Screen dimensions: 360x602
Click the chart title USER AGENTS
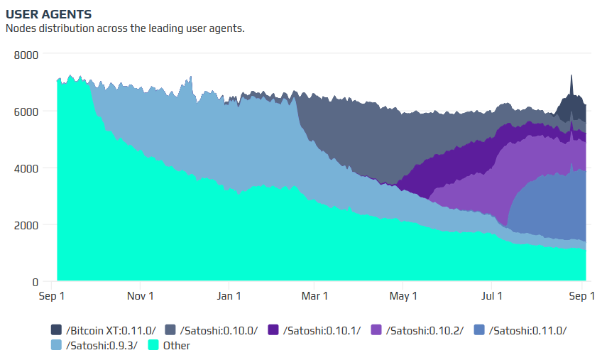[x=48, y=14]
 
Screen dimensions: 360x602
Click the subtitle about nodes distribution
[x=125, y=28]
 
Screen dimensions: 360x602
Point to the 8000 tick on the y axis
[x=27, y=54]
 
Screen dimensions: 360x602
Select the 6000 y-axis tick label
[x=27, y=111]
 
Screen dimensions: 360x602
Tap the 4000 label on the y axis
[x=27, y=168]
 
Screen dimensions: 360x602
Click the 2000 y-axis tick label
[x=27, y=225]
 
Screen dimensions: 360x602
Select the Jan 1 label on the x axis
[x=229, y=295]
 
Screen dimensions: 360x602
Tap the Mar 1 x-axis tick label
[x=314, y=295]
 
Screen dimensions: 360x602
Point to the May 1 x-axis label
[x=404, y=295]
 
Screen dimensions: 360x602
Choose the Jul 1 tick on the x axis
[x=492, y=295]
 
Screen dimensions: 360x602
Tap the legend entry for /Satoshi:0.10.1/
[x=314, y=330]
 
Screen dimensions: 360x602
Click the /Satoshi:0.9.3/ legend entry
[x=96, y=346]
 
